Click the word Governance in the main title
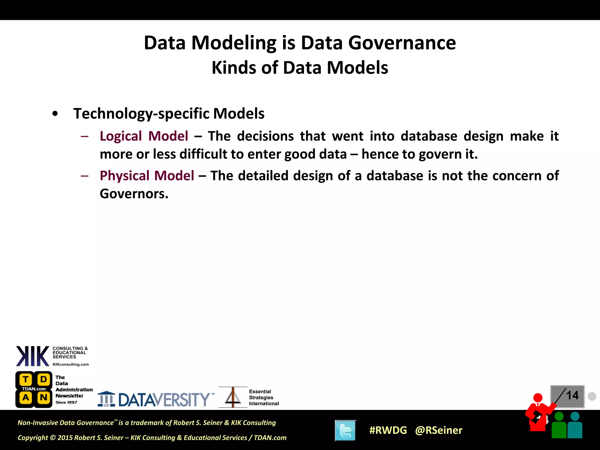[x=402, y=43]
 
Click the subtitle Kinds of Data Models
[x=300, y=68]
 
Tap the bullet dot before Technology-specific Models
[x=55, y=114]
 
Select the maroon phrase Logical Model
[x=144, y=136]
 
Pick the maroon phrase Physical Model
[x=147, y=176]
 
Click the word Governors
[x=134, y=194]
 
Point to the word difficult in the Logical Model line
[x=204, y=154]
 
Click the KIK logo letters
[x=33, y=356]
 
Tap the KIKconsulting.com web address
[x=71, y=364]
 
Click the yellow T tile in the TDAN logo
[x=26, y=380]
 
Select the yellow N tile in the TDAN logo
[x=44, y=398]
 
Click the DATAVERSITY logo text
[x=164, y=400]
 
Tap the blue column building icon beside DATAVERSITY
[x=106, y=399]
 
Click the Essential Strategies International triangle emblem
[x=233, y=398]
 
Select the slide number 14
[x=572, y=396]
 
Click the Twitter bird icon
[x=345, y=430]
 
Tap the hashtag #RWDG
[x=388, y=430]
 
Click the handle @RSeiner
[x=439, y=430]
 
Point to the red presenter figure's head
[x=538, y=398]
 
